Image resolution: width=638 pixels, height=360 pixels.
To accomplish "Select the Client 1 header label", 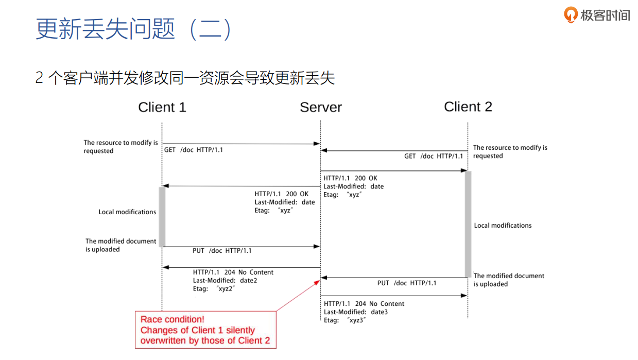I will click(162, 107).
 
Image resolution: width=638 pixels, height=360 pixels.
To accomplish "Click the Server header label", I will click(321, 107).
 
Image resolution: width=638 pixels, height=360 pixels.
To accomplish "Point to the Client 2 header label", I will click(468, 107).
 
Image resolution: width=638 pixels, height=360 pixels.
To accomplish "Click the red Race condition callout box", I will click(205, 330).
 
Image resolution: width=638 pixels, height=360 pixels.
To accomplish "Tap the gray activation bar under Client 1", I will click(162, 216).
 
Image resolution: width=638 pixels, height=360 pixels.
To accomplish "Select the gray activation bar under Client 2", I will click(468, 224).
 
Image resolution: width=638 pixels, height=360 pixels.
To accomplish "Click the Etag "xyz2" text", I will click(214, 289).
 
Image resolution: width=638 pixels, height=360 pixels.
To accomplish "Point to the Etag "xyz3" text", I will click(344, 320).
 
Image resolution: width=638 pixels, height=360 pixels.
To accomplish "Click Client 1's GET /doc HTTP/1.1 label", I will click(194, 150).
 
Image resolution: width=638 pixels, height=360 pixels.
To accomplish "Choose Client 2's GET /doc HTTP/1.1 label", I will click(434, 156).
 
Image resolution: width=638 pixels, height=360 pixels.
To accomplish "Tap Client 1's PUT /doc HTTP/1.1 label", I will click(222, 251).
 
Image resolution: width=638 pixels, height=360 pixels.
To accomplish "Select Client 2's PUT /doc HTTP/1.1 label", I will click(407, 283).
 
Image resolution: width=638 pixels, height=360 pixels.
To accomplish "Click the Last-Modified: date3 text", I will click(356, 312).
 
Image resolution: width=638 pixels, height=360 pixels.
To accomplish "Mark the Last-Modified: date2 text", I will click(225, 281).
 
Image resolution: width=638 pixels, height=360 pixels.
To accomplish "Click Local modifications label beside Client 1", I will click(127, 212).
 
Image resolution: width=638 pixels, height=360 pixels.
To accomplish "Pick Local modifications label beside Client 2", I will click(503, 225).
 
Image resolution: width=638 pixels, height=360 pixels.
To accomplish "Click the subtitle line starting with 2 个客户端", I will click(185, 78).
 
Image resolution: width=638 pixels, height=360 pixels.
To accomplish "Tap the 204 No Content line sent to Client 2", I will click(364, 304).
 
